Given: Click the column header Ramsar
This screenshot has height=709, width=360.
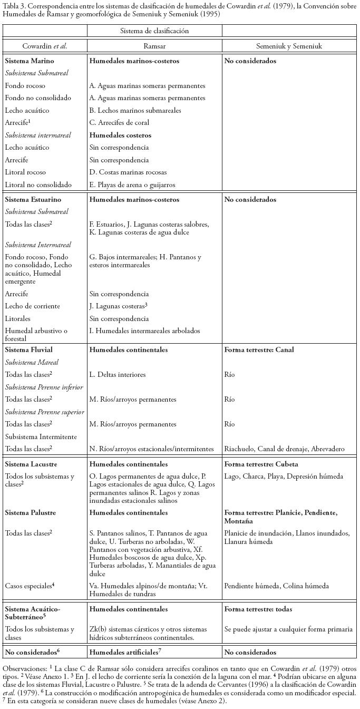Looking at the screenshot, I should coord(154,46).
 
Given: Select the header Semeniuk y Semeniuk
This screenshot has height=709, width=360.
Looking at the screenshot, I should coord(289,46).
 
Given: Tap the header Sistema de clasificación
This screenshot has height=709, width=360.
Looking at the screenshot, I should coord(154,31).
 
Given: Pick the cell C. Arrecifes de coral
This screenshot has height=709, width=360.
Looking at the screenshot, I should coord(119,123).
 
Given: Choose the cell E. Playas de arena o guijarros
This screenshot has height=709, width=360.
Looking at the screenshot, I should coord(131,185).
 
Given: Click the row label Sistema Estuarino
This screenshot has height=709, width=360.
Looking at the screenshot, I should coord(33,200).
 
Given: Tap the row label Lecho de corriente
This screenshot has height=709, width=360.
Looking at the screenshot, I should coord(33,306).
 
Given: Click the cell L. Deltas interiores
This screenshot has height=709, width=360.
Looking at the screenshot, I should coord(118,375).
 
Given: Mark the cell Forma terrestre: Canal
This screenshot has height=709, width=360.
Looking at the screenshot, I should coord(259,350).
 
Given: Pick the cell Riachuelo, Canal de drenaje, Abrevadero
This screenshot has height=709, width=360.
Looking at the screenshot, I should coord(284,449).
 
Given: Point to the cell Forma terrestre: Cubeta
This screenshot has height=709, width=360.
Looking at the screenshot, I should coord(261,464).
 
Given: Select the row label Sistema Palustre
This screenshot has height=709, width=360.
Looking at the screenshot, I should coord(30,512).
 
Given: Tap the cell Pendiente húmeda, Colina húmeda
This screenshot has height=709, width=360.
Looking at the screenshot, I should coord(276,586).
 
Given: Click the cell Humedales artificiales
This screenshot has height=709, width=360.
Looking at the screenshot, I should coord(124,653).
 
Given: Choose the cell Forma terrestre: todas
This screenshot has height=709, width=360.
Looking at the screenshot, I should coord(258,609).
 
